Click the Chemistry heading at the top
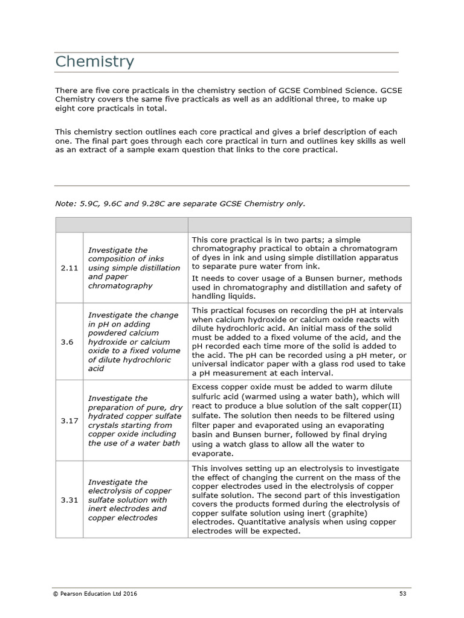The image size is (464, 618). [94, 62]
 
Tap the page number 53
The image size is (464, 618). [402, 594]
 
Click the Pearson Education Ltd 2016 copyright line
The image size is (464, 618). [95, 594]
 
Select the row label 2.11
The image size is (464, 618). [69, 267]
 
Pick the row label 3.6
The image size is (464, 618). [67, 342]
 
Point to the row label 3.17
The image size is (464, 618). [69, 421]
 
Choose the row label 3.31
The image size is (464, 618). [69, 500]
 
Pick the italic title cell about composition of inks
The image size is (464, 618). [134, 267]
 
